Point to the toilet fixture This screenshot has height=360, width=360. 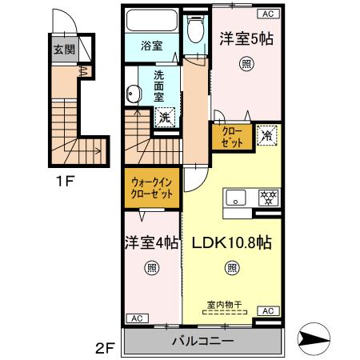(192, 31)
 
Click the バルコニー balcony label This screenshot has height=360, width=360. (202, 342)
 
